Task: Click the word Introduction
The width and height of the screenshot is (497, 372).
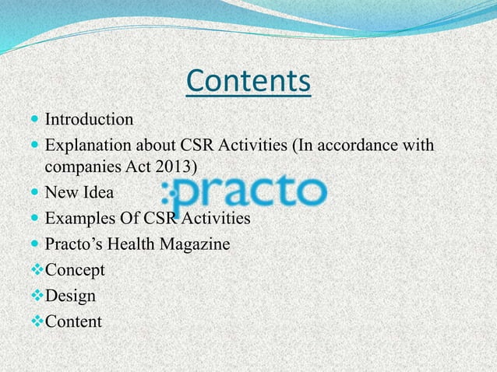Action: pyautogui.click(x=89, y=120)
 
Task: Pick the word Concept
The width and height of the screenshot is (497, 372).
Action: pyautogui.click(x=76, y=269)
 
